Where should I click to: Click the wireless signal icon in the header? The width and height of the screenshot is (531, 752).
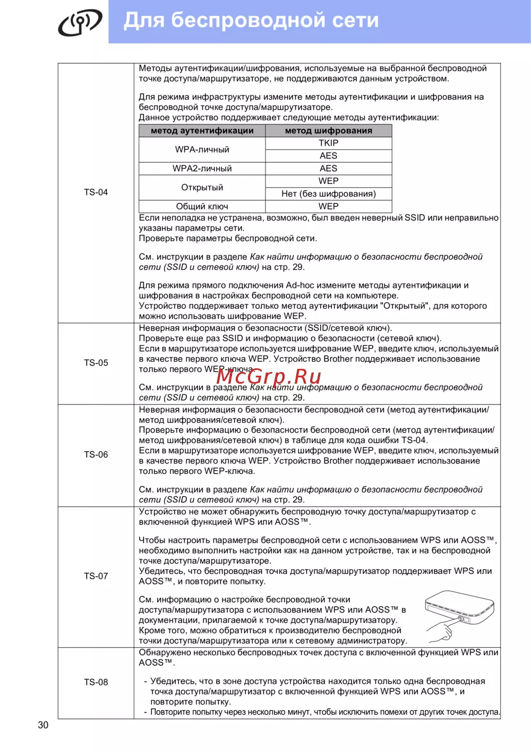pyautogui.click(x=80, y=22)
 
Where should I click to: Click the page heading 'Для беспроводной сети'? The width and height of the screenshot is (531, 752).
pyautogui.click(x=251, y=21)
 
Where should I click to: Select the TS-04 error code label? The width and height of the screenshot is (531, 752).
pyautogui.click(x=96, y=192)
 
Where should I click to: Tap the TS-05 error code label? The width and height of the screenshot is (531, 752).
pyautogui.click(x=96, y=363)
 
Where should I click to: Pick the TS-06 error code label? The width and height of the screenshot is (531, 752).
pyautogui.click(x=96, y=455)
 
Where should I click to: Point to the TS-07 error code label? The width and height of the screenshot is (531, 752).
pyautogui.click(x=96, y=576)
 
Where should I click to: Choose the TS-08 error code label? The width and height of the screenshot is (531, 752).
pyautogui.click(x=96, y=682)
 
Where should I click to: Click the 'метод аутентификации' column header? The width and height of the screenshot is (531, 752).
pyautogui.click(x=202, y=131)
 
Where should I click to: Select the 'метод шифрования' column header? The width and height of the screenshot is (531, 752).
pyautogui.click(x=329, y=131)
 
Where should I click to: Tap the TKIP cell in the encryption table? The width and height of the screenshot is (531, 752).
pyautogui.click(x=329, y=143)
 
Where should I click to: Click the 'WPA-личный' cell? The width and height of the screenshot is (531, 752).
pyautogui.click(x=202, y=149)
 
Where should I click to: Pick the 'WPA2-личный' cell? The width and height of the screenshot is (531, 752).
pyautogui.click(x=202, y=168)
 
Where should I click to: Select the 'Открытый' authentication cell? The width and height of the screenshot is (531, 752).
pyautogui.click(x=202, y=188)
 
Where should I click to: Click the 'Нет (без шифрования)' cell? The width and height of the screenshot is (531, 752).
pyautogui.click(x=329, y=194)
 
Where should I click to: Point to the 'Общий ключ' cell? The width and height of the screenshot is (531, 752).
pyautogui.click(x=202, y=206)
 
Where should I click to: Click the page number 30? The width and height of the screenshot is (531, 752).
pyautogui.click(x=43, y=725)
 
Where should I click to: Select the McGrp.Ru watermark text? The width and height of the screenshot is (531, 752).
pyautogui.click(x=269, y=376)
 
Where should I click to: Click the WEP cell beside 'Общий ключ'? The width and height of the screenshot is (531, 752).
pyautogui.click(x=329, y=206)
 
